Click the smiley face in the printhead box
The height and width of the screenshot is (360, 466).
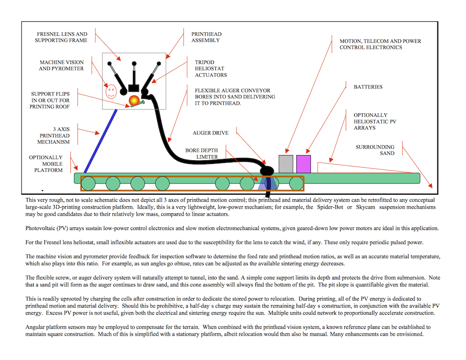(x=110, y=90)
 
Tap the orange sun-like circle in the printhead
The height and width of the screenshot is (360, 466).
(x=133, y=101)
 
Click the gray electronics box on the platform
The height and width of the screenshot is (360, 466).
(x=286, y=163)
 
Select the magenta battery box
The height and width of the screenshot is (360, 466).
(x=303, y=163)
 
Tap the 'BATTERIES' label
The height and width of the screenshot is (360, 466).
(x=368, y=87)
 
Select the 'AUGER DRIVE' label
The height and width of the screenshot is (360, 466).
(x=211, y=133)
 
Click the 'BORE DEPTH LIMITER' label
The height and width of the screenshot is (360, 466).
(x=201, y=154)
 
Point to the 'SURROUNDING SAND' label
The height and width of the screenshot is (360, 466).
(x=375, y=150)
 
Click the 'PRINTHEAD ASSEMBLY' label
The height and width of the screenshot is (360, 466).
(x=206, y=37)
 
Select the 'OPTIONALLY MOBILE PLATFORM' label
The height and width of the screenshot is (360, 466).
(x=46, y=163)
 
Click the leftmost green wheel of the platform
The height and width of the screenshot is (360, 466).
(x=88, y=183)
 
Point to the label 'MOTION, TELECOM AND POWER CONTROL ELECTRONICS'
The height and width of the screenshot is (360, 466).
(x=380, y=44)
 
